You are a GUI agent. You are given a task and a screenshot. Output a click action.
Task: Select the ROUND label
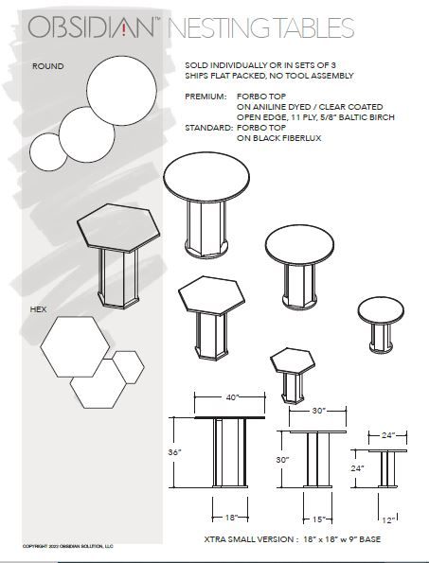coord(47,67)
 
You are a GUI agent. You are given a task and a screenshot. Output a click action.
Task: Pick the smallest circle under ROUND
coord(46,149)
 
